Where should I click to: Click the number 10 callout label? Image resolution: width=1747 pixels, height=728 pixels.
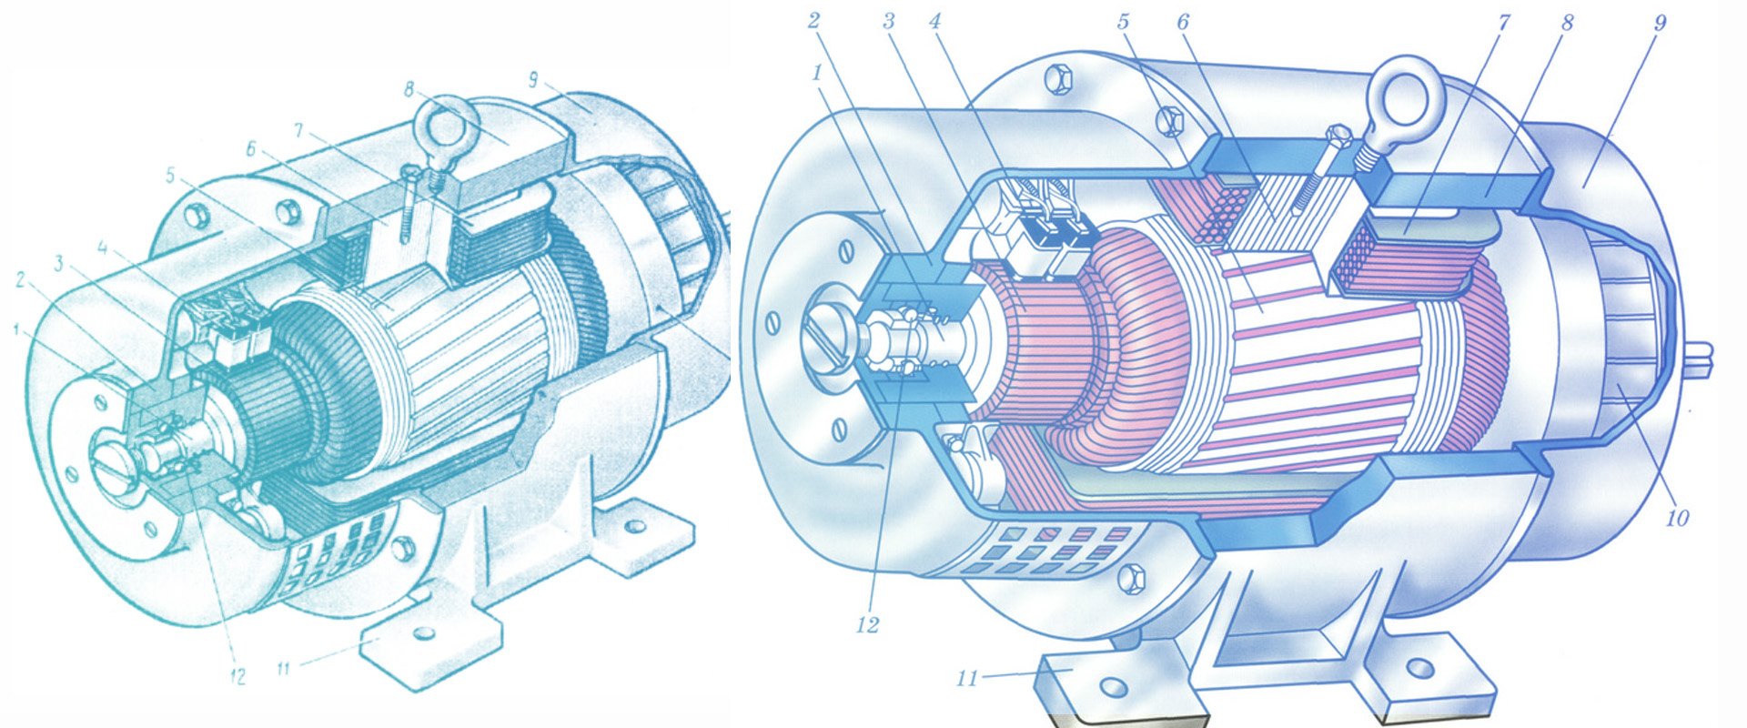pyautogui.click(x=1677, y=518)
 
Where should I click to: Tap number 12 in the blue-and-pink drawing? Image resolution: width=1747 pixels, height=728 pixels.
pyautogui.click(x=867, y=625)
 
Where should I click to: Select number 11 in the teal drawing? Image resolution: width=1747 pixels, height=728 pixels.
pyautogui.click(x=284, y=669)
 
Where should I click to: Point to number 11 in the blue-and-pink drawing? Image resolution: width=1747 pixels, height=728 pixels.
pyautogui.click(x=967, y=678)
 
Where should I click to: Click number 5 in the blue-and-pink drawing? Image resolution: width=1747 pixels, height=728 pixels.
pyautogui.click(x=1124, y=22)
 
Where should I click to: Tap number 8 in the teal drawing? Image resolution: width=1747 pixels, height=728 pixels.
pyautogui.click(x=410, y=90)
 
